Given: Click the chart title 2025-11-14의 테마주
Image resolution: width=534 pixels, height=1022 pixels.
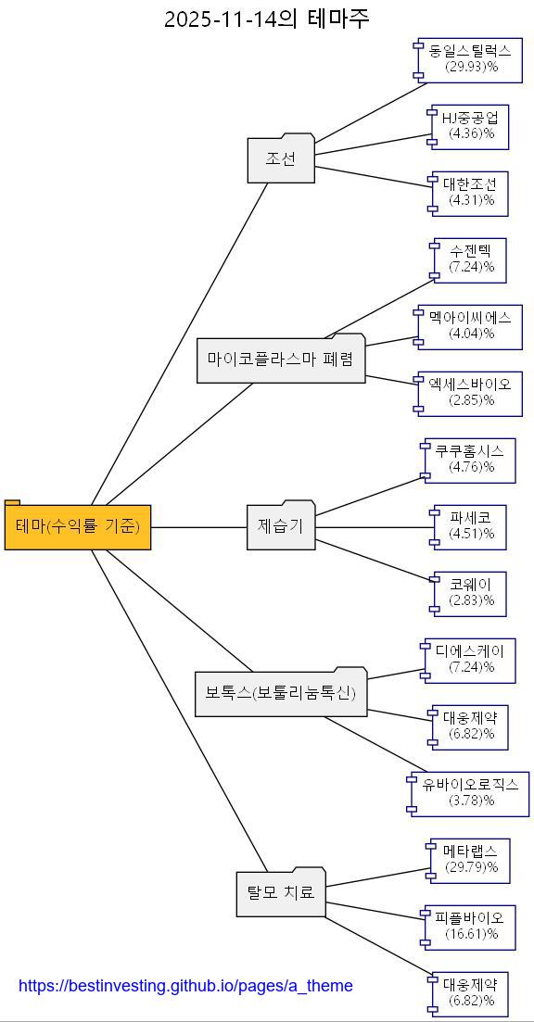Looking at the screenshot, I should point(267,19).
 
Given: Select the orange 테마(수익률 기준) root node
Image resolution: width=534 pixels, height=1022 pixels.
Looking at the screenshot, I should point(78,527).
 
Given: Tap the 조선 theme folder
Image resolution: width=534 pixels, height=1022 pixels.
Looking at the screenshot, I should point(281,159).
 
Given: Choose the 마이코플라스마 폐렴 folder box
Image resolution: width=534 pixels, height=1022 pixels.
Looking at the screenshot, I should point(281,360).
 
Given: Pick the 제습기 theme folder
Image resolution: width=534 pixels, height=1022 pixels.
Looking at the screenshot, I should point(281,526).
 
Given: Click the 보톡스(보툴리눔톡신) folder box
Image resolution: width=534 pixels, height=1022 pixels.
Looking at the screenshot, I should point(281,693).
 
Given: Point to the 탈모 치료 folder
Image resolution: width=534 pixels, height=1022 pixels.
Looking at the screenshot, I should point(281,893).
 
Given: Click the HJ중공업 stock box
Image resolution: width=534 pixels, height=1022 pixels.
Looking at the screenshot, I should point(470,125).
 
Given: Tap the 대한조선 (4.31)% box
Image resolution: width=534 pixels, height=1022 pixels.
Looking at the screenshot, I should point(470,192).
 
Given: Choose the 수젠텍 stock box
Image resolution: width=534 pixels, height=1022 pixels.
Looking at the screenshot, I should point(470,259).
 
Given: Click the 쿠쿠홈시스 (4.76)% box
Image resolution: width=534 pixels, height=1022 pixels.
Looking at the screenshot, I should point(470,459).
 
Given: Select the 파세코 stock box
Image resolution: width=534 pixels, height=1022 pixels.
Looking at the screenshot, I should point(470,525).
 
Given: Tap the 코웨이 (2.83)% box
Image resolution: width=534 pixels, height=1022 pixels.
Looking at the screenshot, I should point(470,592).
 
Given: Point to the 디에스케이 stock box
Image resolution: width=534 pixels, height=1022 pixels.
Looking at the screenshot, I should point(470,659).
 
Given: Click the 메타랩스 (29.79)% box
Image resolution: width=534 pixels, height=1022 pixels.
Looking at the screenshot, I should point(470,859).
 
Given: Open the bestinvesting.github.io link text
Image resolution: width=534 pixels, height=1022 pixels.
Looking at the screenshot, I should point(185,986).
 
